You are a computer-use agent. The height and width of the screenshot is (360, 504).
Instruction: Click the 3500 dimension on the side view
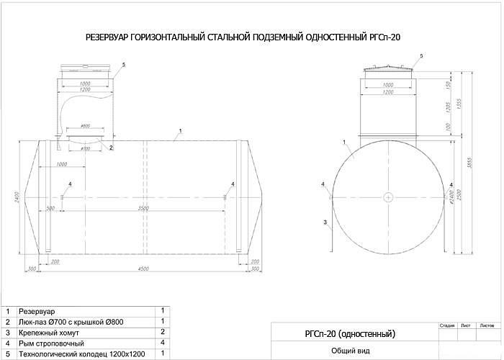[x=144, y=208]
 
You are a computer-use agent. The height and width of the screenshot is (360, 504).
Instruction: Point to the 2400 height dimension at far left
[x=14, y=195]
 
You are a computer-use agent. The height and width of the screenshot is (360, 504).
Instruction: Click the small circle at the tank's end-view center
[x=389, y=197]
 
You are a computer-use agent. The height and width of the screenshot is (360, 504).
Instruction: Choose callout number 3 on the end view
[x=325, y=222]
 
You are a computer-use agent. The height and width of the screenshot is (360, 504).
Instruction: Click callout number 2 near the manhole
[x=112, y=148]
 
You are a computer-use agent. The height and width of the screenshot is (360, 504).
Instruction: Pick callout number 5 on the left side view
[x=124, y=65]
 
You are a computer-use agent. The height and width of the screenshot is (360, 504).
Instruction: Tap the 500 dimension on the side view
[x=50, y=208]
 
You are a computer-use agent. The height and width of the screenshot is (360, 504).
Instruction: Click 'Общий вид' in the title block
[x=350, y=350]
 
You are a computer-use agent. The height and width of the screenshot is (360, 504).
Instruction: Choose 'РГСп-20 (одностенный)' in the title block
[x=350, y=334]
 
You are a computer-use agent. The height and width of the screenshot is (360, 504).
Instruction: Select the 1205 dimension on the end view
[x=448, y=108]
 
